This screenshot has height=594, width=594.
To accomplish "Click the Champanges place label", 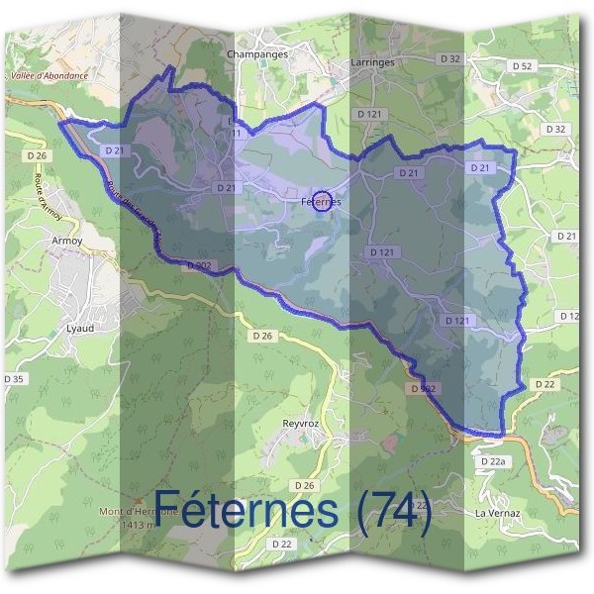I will coord(257,54).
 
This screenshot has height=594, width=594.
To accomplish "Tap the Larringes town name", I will coord(372,61).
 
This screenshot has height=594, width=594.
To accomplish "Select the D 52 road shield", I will coord(523,65).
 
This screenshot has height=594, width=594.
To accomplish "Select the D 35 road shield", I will coord(14,378).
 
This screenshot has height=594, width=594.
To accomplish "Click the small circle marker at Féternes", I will coord(321,201).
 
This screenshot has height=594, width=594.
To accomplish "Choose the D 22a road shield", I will coord(492,462).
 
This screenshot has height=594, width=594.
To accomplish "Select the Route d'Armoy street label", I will coord(48,202).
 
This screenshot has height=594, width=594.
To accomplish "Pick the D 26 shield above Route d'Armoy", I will coord(38,155).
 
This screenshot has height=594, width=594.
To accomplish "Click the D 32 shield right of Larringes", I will coord(449,59).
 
